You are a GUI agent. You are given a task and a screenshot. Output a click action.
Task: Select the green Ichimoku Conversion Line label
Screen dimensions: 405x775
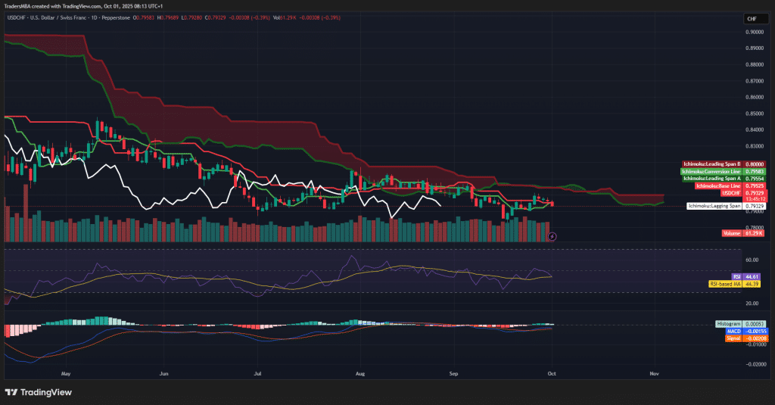[x=711, y=171]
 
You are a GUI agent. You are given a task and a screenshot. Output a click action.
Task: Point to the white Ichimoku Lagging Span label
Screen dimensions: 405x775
[x=714, y=206]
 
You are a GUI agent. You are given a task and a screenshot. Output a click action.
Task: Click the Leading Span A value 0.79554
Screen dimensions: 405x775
[x=755, y=178]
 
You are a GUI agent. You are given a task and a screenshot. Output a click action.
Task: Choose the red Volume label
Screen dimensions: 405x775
[x=732, y=234]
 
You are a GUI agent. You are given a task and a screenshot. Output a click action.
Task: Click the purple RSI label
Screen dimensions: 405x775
[x=736, y=277]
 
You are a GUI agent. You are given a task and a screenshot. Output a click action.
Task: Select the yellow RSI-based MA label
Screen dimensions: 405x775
[x=725, y=284]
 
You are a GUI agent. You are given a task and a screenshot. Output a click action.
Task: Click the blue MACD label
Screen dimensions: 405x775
[x=734, y=331]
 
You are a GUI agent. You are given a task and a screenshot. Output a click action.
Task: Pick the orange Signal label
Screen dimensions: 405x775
[x=733, y=338]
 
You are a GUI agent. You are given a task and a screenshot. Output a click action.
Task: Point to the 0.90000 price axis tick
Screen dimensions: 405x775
[x=754, y=32]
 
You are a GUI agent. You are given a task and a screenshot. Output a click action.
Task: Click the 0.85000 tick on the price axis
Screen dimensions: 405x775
[x=754, y=114]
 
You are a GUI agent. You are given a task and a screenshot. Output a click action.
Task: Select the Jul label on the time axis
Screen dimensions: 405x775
[x=258, y=373]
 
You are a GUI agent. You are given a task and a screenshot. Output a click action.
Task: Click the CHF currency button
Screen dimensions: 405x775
[x=752, y=19]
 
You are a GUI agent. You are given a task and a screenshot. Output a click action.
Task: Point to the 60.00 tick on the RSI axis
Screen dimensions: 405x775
[x=752, y=259]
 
